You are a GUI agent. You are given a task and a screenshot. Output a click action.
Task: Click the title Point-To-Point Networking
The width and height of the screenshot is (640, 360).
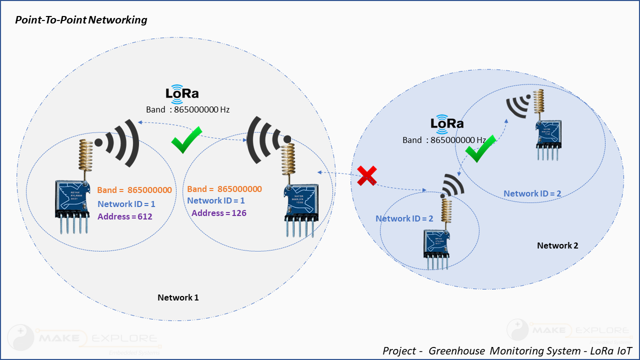coord(81,20)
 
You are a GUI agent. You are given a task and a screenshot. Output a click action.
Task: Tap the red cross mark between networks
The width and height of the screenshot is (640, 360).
coord(367,175)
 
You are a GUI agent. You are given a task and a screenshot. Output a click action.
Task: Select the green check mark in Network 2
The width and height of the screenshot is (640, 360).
coord(480,148)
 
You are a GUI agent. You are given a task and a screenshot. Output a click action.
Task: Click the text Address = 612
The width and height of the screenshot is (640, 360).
coord(124,216)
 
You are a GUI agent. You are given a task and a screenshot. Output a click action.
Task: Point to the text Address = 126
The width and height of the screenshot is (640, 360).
coord(219,213)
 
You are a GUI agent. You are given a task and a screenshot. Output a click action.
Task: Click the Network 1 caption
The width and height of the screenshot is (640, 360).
coord(178,297)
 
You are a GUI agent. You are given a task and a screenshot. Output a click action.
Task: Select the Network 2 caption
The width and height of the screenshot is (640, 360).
coord(557,245)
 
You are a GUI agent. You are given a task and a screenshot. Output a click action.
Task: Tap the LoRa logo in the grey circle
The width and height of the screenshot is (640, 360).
coord(182,94)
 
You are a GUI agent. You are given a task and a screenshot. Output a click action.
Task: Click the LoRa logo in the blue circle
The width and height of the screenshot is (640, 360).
coord(446,124)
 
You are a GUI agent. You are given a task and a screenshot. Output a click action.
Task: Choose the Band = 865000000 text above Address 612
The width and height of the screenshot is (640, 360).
coord(134,190)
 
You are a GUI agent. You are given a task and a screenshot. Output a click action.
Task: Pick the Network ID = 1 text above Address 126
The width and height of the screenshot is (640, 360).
coord(216,200)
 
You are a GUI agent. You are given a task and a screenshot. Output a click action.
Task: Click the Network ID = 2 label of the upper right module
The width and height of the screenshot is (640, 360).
coord(532,193)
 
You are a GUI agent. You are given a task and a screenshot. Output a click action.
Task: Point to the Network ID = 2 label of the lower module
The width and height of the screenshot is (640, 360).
coord(404,218)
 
